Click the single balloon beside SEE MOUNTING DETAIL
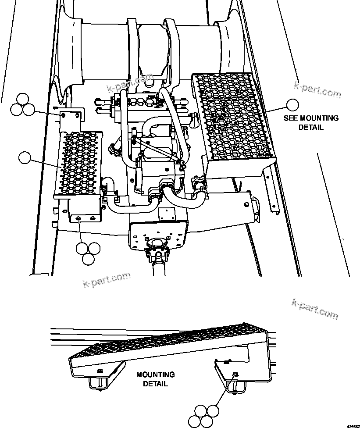tap(292, 104)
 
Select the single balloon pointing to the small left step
tap(25, 157)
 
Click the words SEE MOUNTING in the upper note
tap(311, 118)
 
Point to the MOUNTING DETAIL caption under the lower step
tap(155, 379)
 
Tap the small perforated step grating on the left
tap(79, 162)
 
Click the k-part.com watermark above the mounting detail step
tap(314, 309)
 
